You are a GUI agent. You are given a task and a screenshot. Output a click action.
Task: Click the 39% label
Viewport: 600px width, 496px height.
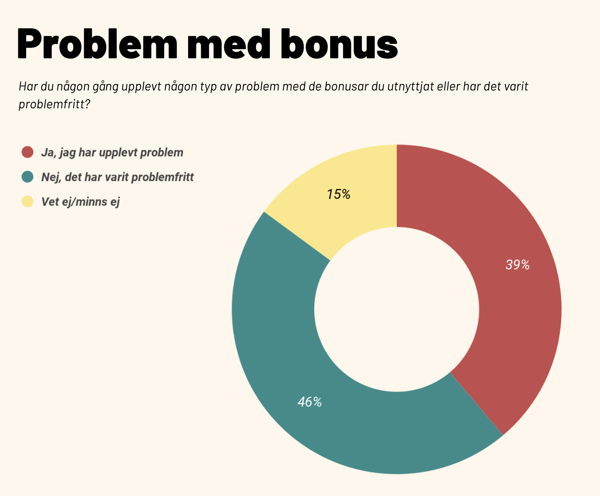(517, 265)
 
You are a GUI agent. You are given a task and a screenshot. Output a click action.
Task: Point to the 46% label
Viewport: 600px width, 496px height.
(310, 402)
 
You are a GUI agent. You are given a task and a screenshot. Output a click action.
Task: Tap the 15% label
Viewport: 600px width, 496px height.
(339, 194)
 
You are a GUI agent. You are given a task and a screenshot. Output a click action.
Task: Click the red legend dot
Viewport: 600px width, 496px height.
(27, 152)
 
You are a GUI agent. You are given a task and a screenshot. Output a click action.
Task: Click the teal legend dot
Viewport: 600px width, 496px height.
(27, 177)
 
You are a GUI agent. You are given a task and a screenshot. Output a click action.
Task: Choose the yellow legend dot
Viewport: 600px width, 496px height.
(27, 202)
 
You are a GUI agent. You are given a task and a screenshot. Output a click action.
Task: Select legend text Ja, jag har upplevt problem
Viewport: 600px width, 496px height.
(112, 152)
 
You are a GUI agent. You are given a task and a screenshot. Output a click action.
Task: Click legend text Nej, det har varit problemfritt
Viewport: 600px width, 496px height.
(117, 177)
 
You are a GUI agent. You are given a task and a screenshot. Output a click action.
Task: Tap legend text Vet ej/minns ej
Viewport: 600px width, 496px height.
(80, 202)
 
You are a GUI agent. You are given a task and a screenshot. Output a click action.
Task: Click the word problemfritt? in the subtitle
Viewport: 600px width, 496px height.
(54, 105)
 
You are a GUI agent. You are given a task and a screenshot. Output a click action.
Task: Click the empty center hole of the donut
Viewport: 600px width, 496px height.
(397, 309)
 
